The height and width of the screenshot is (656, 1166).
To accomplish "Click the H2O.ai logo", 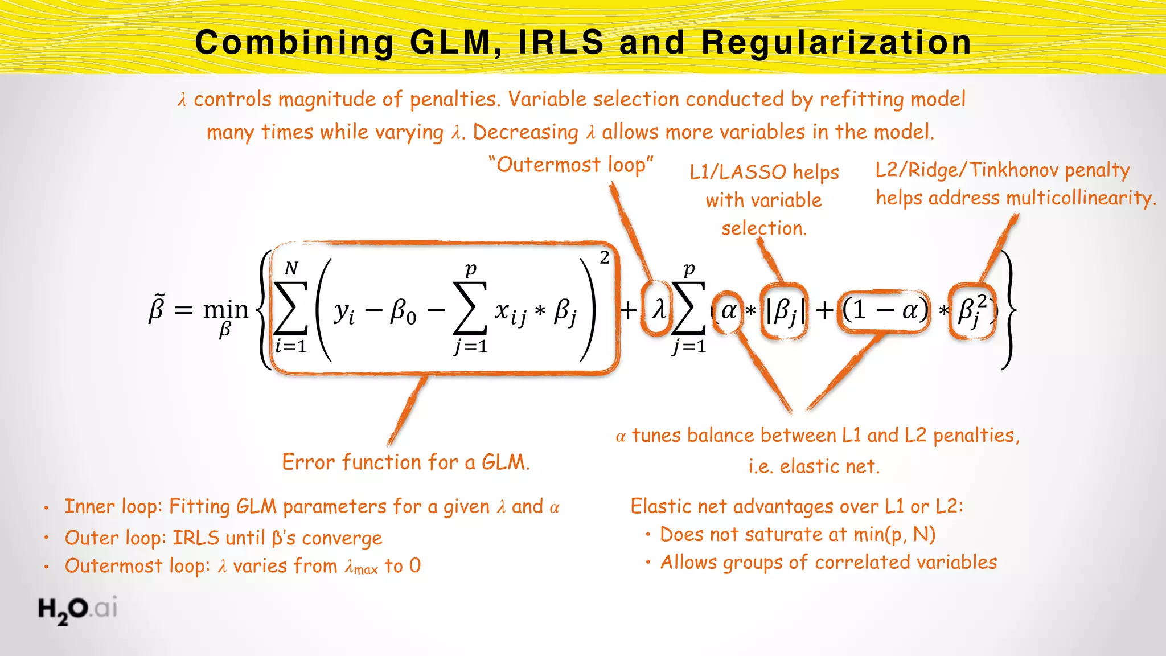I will pos(77,609).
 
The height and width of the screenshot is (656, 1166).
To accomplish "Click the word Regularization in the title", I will pos(836,43).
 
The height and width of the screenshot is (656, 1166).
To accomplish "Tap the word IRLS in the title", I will pos(560,43).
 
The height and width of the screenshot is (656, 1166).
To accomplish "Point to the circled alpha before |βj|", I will pos(728,311).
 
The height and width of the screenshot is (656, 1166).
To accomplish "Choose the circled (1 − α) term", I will pos(885,311).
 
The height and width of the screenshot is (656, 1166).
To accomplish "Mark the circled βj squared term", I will pos(973,311).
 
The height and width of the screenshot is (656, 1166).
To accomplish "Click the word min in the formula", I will pos(225,310).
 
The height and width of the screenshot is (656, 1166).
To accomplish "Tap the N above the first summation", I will pos(291,268).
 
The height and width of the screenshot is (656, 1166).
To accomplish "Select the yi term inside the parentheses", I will pos(344,312).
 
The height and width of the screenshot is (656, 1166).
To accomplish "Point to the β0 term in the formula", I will pos(403,312).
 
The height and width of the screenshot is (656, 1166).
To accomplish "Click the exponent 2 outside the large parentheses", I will pos(604,258).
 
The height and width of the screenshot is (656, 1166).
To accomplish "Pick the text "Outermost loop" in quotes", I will pos(570,165).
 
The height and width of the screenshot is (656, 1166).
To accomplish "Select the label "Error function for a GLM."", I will pos(406,462).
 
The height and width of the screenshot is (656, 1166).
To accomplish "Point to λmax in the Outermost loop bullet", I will pos(361,567).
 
